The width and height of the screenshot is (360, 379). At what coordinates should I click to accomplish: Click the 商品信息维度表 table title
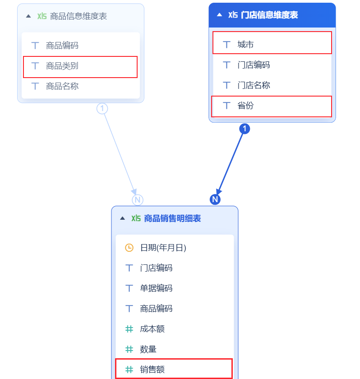coord(78,16)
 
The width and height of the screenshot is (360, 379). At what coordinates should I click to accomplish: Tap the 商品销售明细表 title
coord(172,218)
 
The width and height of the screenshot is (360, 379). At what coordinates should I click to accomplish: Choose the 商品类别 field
coord(62,66)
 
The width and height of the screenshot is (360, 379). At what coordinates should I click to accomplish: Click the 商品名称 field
coord(62,86)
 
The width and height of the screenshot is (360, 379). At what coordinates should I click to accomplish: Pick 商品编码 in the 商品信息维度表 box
coord(62,45)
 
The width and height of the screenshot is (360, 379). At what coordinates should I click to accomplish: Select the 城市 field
coord(246,44)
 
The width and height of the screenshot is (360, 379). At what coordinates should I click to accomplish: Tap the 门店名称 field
coord(254,85)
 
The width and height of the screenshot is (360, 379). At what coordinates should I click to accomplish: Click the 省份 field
coord(246,106)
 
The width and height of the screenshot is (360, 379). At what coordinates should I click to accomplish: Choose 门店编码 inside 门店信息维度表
coord(254,65)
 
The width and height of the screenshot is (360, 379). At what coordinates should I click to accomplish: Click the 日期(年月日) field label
coord(163,248)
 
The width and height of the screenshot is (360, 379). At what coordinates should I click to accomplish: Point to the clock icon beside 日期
coord(129,248)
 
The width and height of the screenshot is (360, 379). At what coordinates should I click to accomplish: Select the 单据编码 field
coord(156,288)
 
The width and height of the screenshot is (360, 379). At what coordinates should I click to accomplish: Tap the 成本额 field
coord(152,329)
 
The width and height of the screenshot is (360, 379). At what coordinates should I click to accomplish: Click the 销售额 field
coord(152,370)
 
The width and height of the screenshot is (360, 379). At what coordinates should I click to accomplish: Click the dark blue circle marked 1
coord(244,129)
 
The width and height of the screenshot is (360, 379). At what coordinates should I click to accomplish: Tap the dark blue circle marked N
coord(215,199)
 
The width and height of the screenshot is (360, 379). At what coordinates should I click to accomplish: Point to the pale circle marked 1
coord(102,108)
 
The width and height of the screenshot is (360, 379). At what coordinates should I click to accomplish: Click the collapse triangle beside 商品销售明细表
coord(122,218)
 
